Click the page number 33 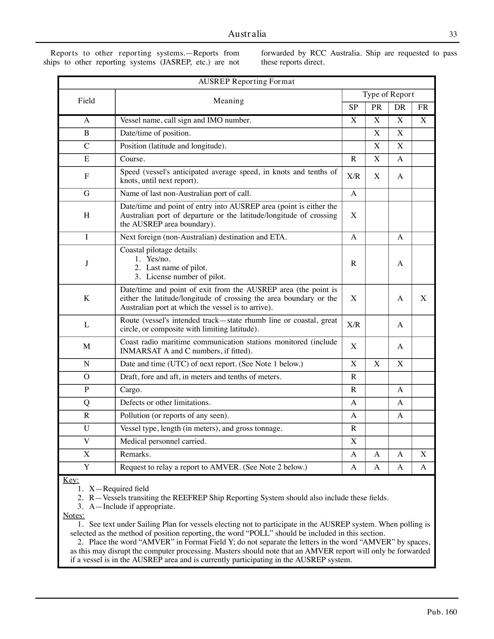click(x=453, y=35)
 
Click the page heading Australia click(x=247, y=34)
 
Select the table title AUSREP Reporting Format click(x=246, y=82)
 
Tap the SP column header click(x=354, y=107)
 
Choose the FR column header click(x=423, y=107)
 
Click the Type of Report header click(x=388, y=95)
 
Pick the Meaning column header click(x=229, y=101)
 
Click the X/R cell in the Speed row click(x=354, y=177)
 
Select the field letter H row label click(x=87, y=215)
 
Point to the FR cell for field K click(x=423, y=299)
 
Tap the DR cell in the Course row click(x=400, y=159)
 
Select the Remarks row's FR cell click(x=423, y=454)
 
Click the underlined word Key click(x=71, y=480)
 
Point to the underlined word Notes click(x=74, y=515)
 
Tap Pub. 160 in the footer click(x=442, y=612)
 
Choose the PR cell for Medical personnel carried click(x=377, y=441)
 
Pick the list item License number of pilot click(x=186, y=277)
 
